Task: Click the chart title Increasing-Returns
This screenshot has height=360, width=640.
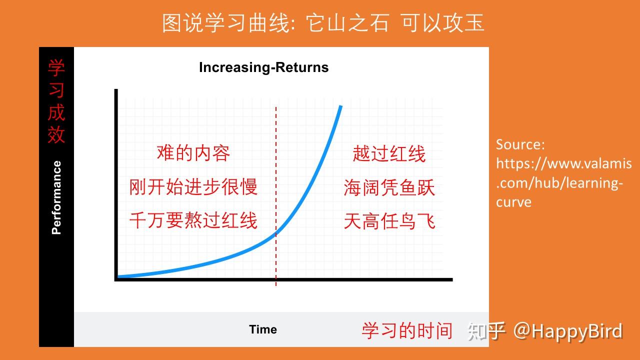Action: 263,67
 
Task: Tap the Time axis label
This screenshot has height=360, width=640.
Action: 263,329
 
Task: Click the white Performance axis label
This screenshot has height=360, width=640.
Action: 56,197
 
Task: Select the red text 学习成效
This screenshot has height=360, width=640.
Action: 56,101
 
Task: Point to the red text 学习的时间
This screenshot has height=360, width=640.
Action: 407,331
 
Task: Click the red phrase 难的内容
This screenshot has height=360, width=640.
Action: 193,153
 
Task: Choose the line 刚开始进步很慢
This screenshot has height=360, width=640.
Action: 193,187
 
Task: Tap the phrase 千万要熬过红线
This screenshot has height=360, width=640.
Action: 193,220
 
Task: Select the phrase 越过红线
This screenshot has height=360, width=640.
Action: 389,153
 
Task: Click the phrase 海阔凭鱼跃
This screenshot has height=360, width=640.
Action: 389,187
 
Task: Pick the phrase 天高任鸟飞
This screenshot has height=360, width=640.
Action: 389,221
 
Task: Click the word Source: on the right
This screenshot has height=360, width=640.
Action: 520,144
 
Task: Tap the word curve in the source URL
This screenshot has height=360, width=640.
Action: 513,202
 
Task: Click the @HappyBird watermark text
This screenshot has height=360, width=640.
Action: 568,331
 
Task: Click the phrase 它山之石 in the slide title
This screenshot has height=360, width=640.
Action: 347,23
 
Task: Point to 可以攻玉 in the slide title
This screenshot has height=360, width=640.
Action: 443,23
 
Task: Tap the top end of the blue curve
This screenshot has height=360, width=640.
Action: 340,106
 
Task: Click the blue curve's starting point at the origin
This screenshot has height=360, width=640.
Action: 118,276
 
